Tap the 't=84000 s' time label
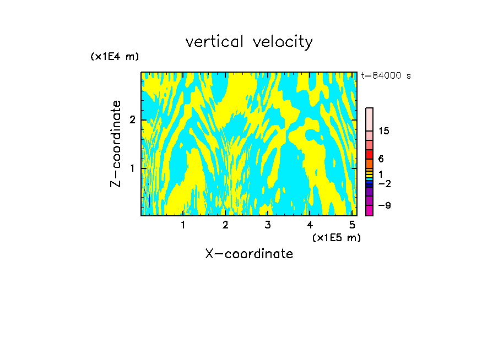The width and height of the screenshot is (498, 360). pyautogui.click(x=386, y=76)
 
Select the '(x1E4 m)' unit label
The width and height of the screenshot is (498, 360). pyautogui.click(x=115, y=57)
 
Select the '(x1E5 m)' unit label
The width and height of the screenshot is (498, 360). pyautogui.click(x=336, y=237)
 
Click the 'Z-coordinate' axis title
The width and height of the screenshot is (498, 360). pyautogui.click(x=116, y=144)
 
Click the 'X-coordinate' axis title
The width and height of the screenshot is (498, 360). pyautogui.click(x=249, y=254)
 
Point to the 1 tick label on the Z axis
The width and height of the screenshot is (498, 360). pyautogui.click(x=132, y=167)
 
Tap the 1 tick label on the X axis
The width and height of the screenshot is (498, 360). pyautogui.click(x=183, y=225)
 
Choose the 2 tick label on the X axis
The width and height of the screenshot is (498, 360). pyautogui.click(x=225, y=225)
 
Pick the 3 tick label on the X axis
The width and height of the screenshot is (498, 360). pyautogui.click(x=268, y=225)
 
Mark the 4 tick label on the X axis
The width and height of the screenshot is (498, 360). pyautogui.click(x=310, y=225)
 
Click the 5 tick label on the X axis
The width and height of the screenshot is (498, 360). pyautogui.click(x=351, y=225)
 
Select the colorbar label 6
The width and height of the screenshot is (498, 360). pyautogui.click(x=381, y=159)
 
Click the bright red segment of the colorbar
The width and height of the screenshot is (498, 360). pyautogui.click(x=369, y=154)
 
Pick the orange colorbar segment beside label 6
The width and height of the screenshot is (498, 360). pyautogui.click(x=369, y=163)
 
